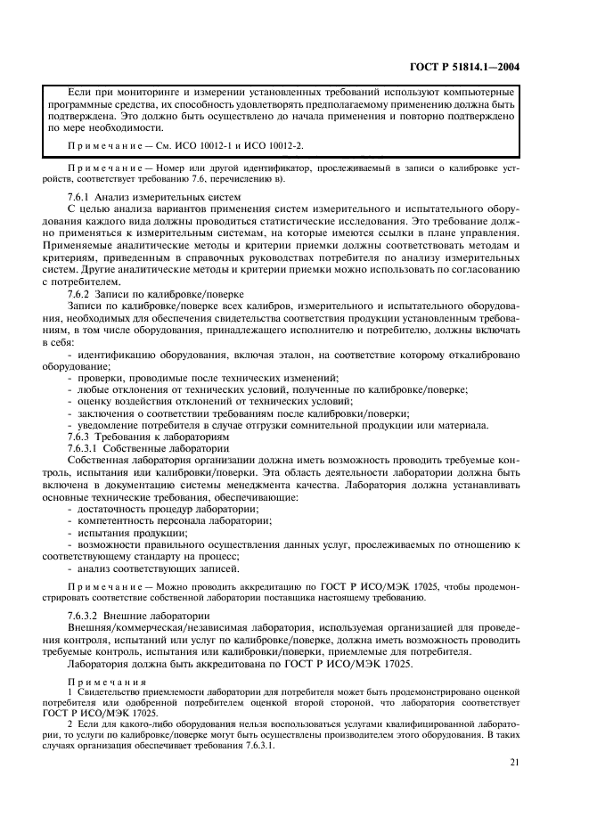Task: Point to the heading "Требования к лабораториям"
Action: point(165,437)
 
